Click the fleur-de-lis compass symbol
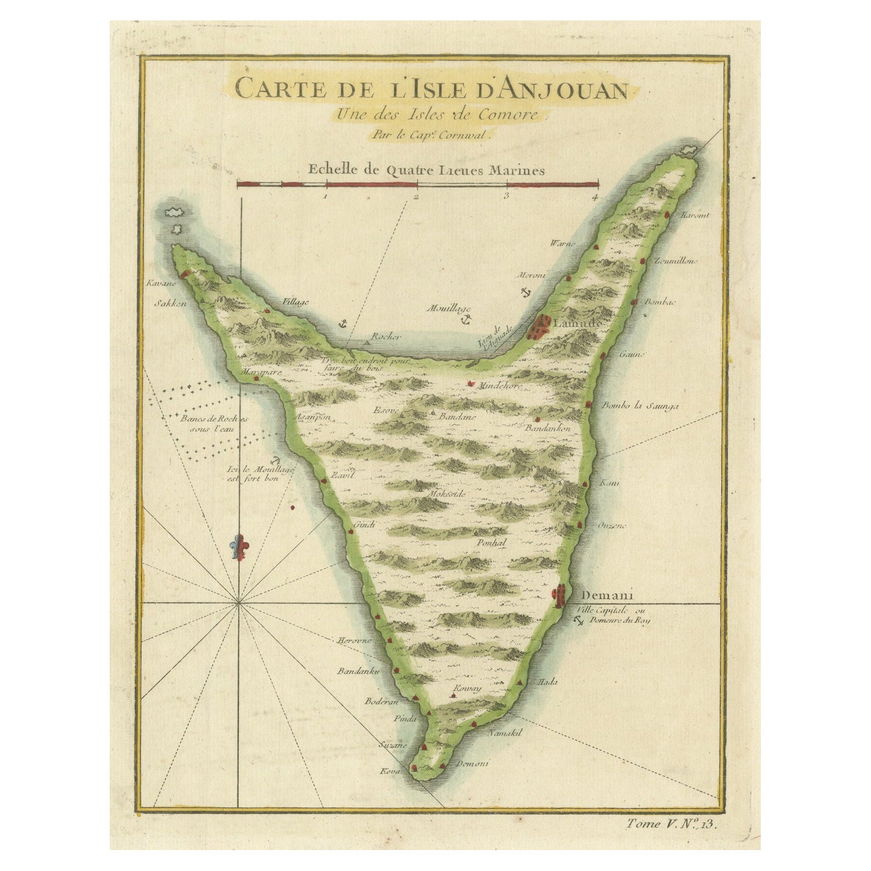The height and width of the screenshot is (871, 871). coord(239,548)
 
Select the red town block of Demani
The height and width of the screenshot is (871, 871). coord(560,595)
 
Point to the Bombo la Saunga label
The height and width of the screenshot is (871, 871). coord(640,406)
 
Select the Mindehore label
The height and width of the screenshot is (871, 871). coord(499,386)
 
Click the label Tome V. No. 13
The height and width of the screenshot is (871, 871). coord(671,824)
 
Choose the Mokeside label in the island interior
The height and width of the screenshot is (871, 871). coord(447,494)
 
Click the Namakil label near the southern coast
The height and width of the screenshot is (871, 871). coord(505,733)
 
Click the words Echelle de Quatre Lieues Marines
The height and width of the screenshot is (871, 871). coord(426,170)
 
